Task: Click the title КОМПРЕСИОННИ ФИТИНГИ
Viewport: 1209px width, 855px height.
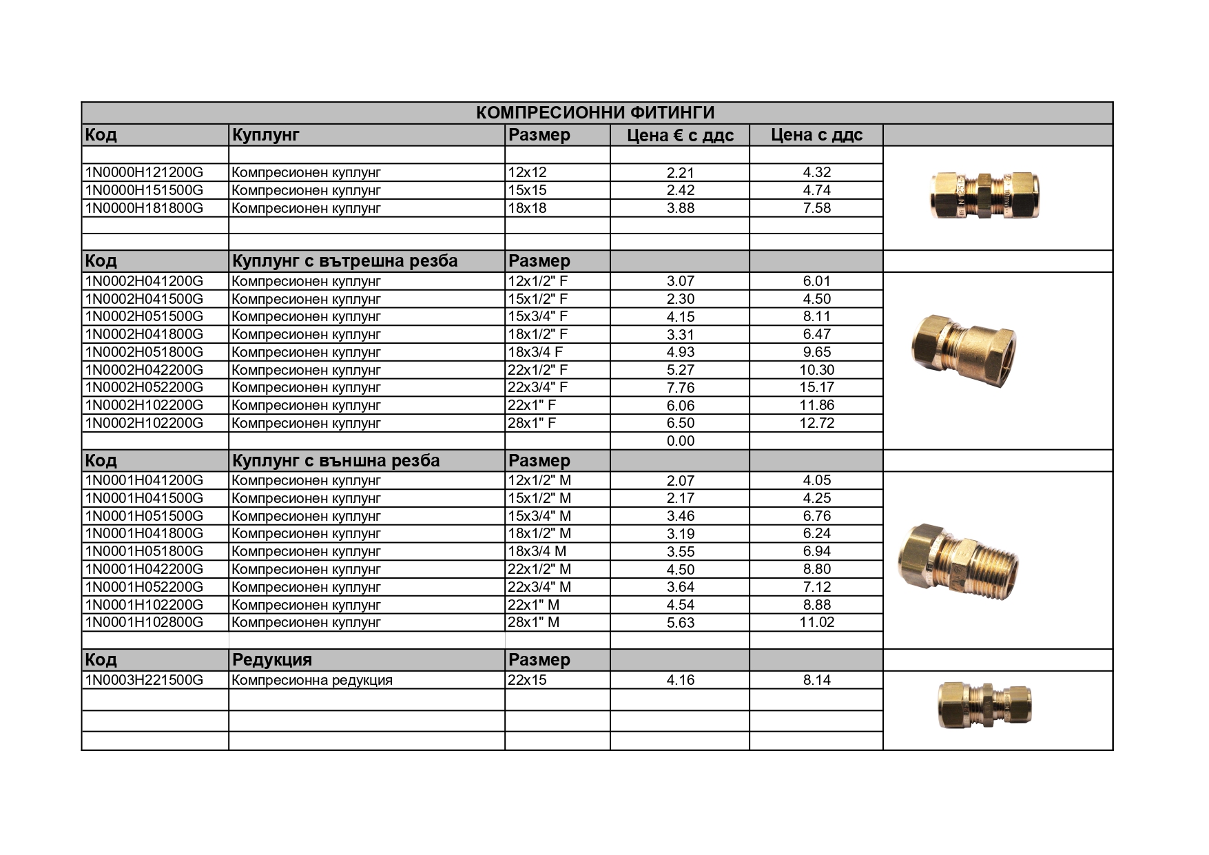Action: point(596,113)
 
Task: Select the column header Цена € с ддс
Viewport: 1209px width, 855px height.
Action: point(680,135)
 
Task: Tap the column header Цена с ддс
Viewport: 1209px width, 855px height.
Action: point(816,135)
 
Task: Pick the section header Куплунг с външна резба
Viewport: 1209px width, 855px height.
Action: point(335,460)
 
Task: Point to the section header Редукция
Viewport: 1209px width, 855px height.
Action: point(272,660)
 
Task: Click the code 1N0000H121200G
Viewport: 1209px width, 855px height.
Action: point(144,172)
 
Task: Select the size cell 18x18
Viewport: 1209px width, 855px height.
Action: point(527,208)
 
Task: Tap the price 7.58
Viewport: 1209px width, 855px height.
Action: point(817,208)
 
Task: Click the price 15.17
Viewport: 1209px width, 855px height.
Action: point(817,387)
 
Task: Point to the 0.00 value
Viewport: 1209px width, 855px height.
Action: point(681,441)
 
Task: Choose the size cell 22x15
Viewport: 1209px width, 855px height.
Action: point(527,680)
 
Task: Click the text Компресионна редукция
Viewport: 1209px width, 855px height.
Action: point(312,680)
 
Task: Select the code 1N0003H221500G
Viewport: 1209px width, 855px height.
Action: point(144,680)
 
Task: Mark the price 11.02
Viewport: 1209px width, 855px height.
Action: point(817,622)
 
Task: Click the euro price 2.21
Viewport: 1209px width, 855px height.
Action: point(681,172)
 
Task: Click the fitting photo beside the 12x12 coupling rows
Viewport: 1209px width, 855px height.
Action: point(984,195)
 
